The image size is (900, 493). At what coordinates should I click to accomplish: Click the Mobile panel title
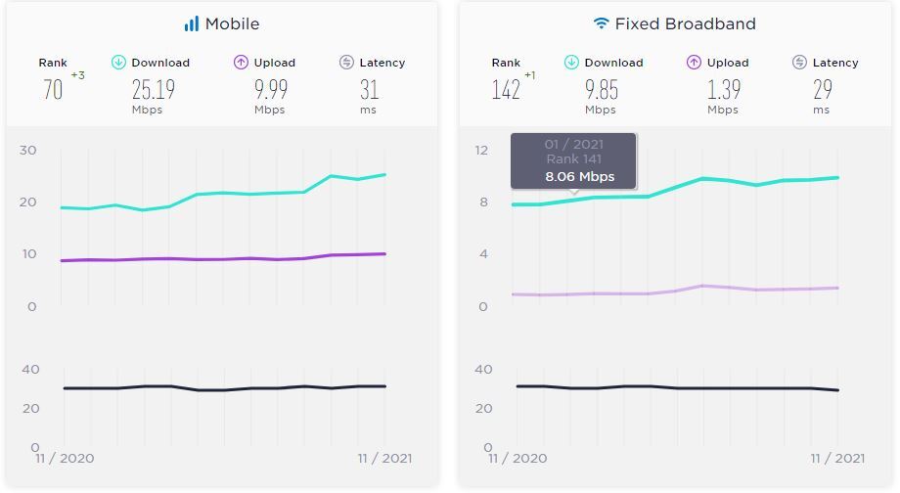tap(232, 24)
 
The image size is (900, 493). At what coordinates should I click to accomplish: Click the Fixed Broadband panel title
tap(686, 24)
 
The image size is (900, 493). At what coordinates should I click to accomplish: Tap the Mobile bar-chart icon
tap(191, 23)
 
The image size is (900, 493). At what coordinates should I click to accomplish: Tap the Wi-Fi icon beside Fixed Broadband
tap(601, 22)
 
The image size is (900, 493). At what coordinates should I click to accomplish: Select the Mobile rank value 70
tap(53, 90)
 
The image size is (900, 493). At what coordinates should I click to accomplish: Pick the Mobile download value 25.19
tap(154, 90)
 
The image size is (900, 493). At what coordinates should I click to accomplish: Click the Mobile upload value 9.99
tap(271, 90)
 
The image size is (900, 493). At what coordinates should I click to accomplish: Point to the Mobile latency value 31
tap(369, 90)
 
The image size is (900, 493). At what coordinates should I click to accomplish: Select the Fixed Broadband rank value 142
tap(506, 90)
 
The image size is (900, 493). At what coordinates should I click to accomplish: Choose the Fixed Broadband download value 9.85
tap(602, 90)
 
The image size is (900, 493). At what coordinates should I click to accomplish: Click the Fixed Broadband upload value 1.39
tap(724, 90)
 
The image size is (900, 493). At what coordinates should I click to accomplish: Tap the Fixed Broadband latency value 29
tap(823, 90)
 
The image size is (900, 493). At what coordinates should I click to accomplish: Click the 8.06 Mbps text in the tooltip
tap(580, 177)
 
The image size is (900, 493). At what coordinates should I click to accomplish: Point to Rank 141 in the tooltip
tap(574, 159)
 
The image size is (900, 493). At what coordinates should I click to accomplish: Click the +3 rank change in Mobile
tap(78, 75)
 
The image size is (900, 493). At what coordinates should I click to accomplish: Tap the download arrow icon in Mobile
tap(118, 62)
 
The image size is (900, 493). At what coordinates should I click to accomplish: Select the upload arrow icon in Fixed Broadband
tap(694, 62)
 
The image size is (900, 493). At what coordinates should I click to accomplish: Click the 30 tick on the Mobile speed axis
tap(28, 151)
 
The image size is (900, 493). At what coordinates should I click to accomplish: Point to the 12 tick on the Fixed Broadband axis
tap(481, 151)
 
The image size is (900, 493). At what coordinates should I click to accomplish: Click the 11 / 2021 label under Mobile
tap(384, 459)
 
